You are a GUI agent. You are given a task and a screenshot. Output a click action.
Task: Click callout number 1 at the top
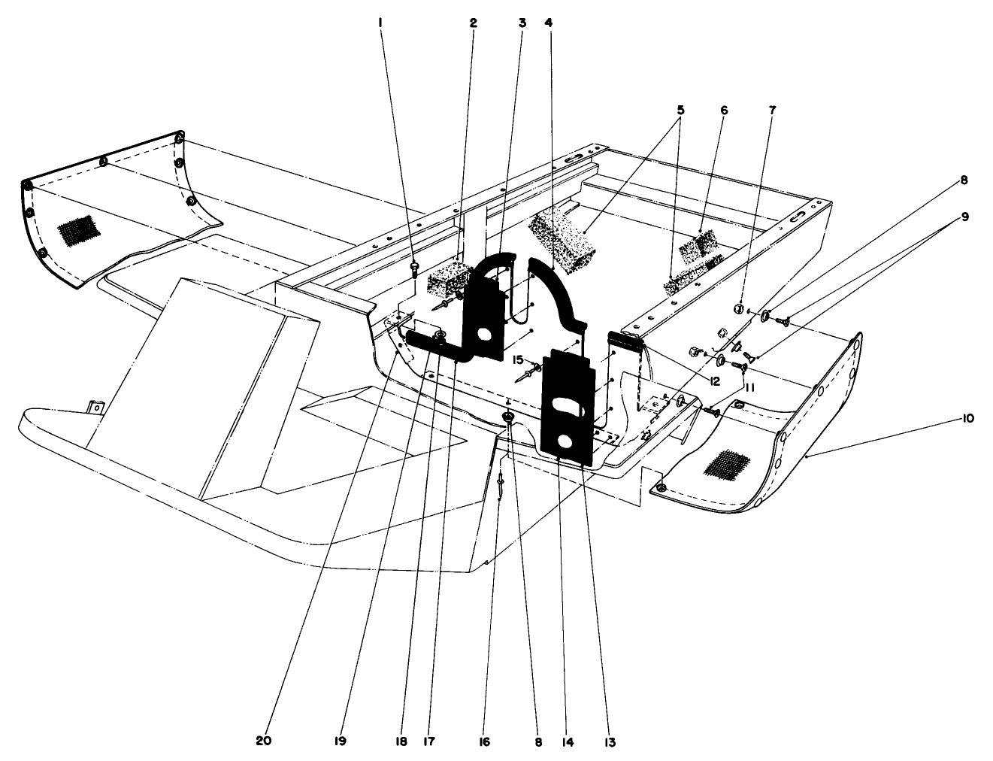(381, 23)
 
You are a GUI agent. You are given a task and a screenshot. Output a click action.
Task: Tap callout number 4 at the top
(548, 23)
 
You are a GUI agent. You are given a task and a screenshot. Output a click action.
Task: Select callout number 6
(725, 109)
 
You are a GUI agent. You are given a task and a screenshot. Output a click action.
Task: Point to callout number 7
(772, 109)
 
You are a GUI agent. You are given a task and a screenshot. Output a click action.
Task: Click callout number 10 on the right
(967, 418)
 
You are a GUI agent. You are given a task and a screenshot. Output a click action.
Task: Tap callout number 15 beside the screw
(517, 359)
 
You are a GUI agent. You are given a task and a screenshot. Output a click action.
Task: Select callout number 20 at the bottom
(263, 741)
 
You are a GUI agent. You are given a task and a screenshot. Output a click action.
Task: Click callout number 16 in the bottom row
(484, 741)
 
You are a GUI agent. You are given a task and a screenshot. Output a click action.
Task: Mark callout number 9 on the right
(964, 217)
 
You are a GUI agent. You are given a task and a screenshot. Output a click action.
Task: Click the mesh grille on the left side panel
(78, 229)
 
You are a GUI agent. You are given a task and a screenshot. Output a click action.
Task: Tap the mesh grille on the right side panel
(725, 463)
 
